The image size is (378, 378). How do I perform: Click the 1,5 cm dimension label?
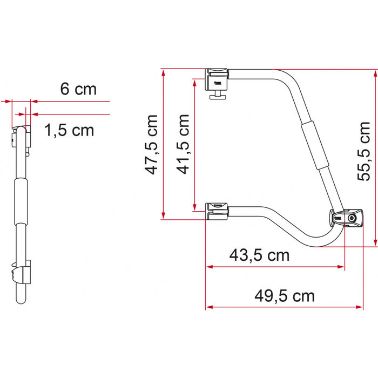click(x=69, y=130)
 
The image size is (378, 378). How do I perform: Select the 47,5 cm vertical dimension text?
click(x=153, y=144)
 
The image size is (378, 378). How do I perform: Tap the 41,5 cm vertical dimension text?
click(x=184, y=144)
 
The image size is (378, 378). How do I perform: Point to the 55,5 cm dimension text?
click(x=365, y=151)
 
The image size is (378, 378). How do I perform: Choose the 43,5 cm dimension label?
click(x=259, y=254)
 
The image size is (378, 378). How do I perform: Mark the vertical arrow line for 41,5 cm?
click(x=193, y=144)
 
